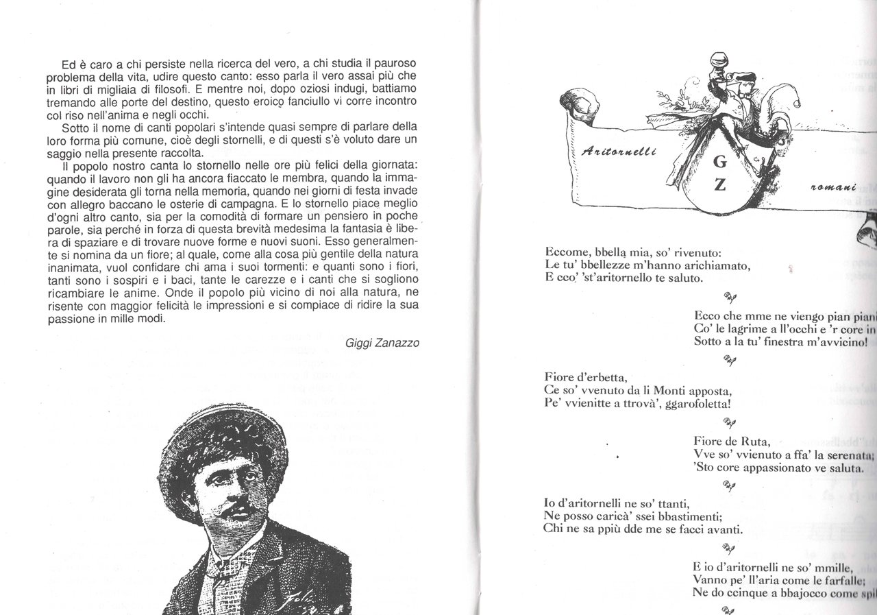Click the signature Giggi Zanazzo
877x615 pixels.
[x=382, y=342]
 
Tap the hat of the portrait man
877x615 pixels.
[x=216, y=439]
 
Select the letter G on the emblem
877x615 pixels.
[x=719, y=162]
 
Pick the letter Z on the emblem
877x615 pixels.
[x=719, y=185]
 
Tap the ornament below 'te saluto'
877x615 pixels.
[x=730, y=296]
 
